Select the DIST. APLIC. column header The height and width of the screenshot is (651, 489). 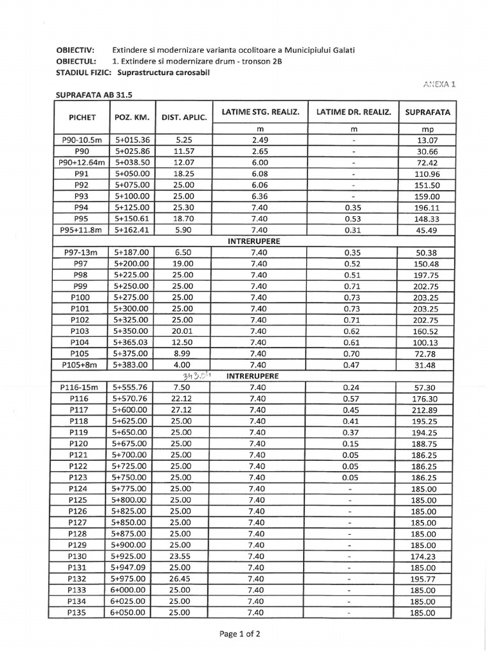coord(184,117)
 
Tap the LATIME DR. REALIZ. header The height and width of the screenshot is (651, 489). coord(353,112)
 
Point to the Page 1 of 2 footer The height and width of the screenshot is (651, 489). coord(240,633)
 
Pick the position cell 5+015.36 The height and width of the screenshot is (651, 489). coord(132,140)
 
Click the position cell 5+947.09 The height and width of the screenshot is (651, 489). coord(132,568)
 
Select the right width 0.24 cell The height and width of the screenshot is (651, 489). coord(353,387)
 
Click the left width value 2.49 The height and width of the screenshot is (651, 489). coord(259,140)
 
